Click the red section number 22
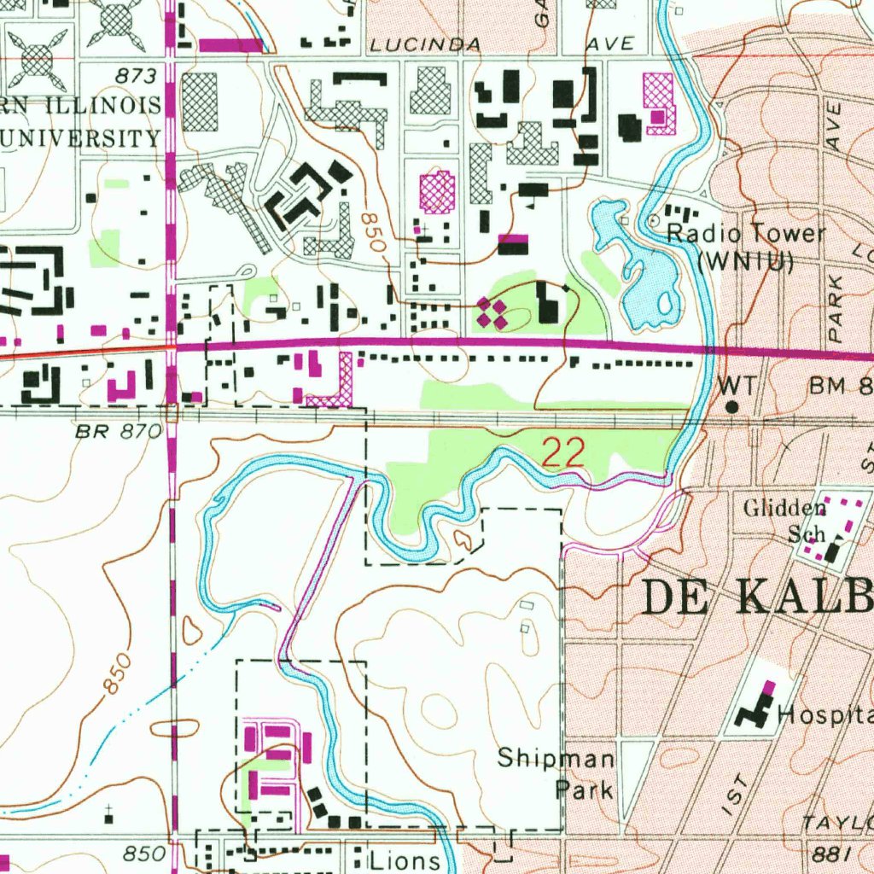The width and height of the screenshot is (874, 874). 563,453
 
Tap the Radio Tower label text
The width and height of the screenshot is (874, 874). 745,234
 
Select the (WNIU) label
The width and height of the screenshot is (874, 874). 745,262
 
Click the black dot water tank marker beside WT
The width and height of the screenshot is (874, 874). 731,407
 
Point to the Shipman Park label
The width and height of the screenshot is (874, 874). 556,773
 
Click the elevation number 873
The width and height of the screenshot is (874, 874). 138,77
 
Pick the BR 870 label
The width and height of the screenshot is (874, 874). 117,433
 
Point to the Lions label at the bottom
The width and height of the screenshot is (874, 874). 405,860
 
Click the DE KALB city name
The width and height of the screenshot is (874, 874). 756,597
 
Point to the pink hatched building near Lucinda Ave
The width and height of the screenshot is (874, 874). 658,103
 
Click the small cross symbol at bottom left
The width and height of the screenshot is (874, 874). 109,807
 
